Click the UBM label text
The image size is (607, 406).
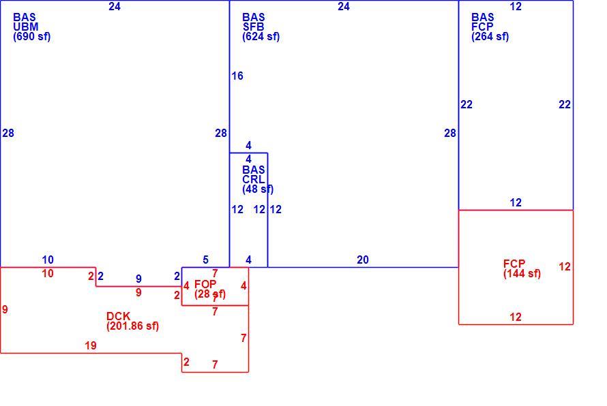tap(25, 27)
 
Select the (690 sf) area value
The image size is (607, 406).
tap(32, 37)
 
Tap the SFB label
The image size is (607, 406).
tap(253, 27)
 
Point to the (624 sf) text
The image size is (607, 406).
tap(261, 37)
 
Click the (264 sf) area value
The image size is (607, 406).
tap(490, 37)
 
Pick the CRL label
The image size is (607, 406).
tap(253, 179)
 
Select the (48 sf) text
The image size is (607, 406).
tap(258, 189)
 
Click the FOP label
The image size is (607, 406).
tap(205, 284)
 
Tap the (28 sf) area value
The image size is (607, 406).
tap(210, 294)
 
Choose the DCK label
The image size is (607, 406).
tap(119, 316)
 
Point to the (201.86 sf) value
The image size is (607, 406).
tap(132, 326)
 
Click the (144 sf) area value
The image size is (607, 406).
tap(522, 274)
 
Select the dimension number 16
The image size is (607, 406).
tap(237, 76)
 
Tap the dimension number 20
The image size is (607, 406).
tap(363, 260)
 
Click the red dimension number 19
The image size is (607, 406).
tap(91, 345)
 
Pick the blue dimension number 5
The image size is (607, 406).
tap(205, 260)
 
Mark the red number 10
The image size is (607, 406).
tap(48, 274)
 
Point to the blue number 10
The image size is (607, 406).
tap(48, 260)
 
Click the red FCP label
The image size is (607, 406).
tap(514, 264)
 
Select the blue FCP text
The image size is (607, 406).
tap(482, 27)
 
